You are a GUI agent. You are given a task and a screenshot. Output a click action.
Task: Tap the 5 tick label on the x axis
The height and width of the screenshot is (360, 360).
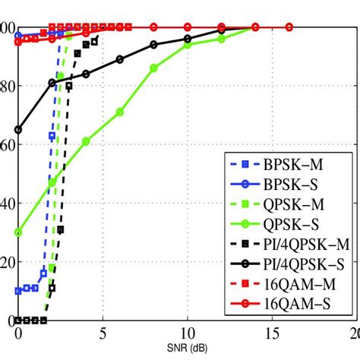(103, 335)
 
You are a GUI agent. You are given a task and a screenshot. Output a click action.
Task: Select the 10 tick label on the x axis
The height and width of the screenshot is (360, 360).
(187, 335)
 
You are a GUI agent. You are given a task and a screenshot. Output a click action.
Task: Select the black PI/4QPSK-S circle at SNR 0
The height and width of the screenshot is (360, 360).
(18, 130)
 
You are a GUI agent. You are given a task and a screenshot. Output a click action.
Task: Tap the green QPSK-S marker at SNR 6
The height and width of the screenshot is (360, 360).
(120, 112)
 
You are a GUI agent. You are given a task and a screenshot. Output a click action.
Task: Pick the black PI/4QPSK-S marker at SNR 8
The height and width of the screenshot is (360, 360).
(153, 45)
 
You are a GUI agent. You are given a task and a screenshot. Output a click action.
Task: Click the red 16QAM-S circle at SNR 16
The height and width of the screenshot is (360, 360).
(289, 27)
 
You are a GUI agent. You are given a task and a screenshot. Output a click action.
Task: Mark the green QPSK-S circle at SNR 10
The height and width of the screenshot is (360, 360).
(188, 45)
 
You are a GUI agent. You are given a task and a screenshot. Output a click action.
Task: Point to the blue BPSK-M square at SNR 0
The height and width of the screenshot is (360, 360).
(18, 291)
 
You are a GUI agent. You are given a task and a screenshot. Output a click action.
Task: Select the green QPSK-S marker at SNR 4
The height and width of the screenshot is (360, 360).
(86, 141)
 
